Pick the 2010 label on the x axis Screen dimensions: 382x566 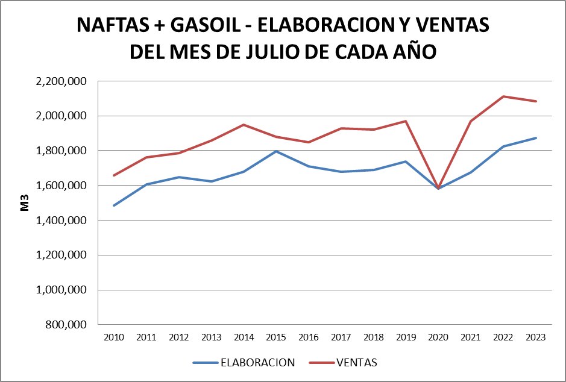(x=114, y=337)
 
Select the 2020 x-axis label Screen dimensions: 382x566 (x=438, y=337)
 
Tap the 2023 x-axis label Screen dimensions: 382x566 (x=536, y=337)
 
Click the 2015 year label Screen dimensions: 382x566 (x=276, y=337)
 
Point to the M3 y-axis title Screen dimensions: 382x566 (x=25, y=202)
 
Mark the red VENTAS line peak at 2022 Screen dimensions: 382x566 (x=503, y=96)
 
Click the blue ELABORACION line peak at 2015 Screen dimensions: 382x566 (x=276, y=151)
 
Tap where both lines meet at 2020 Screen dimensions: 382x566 (x=438, y=188)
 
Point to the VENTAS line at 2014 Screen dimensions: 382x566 (x=244, y=125)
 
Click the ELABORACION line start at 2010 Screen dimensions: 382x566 (x=114, y=205)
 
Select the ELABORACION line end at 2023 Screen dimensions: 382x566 (x=536, y=138)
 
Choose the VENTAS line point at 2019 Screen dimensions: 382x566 (x=406, y=121)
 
